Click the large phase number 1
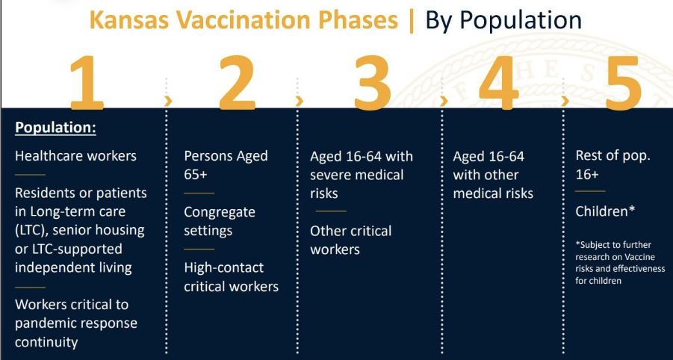click(87, 82)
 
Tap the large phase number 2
click(238, 82)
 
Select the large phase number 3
click(373, 82)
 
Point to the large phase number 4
click(499, 82)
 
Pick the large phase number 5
click(623, 82)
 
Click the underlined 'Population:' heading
click(55, 128)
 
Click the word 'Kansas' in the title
click(132, 20)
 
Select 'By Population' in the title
click(503, 21)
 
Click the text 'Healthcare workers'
click(75, 156)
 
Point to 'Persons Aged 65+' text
click(226, 165)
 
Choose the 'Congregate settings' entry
click(220, 221)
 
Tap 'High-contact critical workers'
click(232, 277)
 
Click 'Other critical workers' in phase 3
click(350, 240)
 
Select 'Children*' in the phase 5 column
click(605, 211)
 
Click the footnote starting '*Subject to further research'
click(620, 263)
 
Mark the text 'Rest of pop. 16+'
click(613, 165)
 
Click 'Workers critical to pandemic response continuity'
click(76, 323)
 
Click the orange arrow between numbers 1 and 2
click(168, 102)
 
